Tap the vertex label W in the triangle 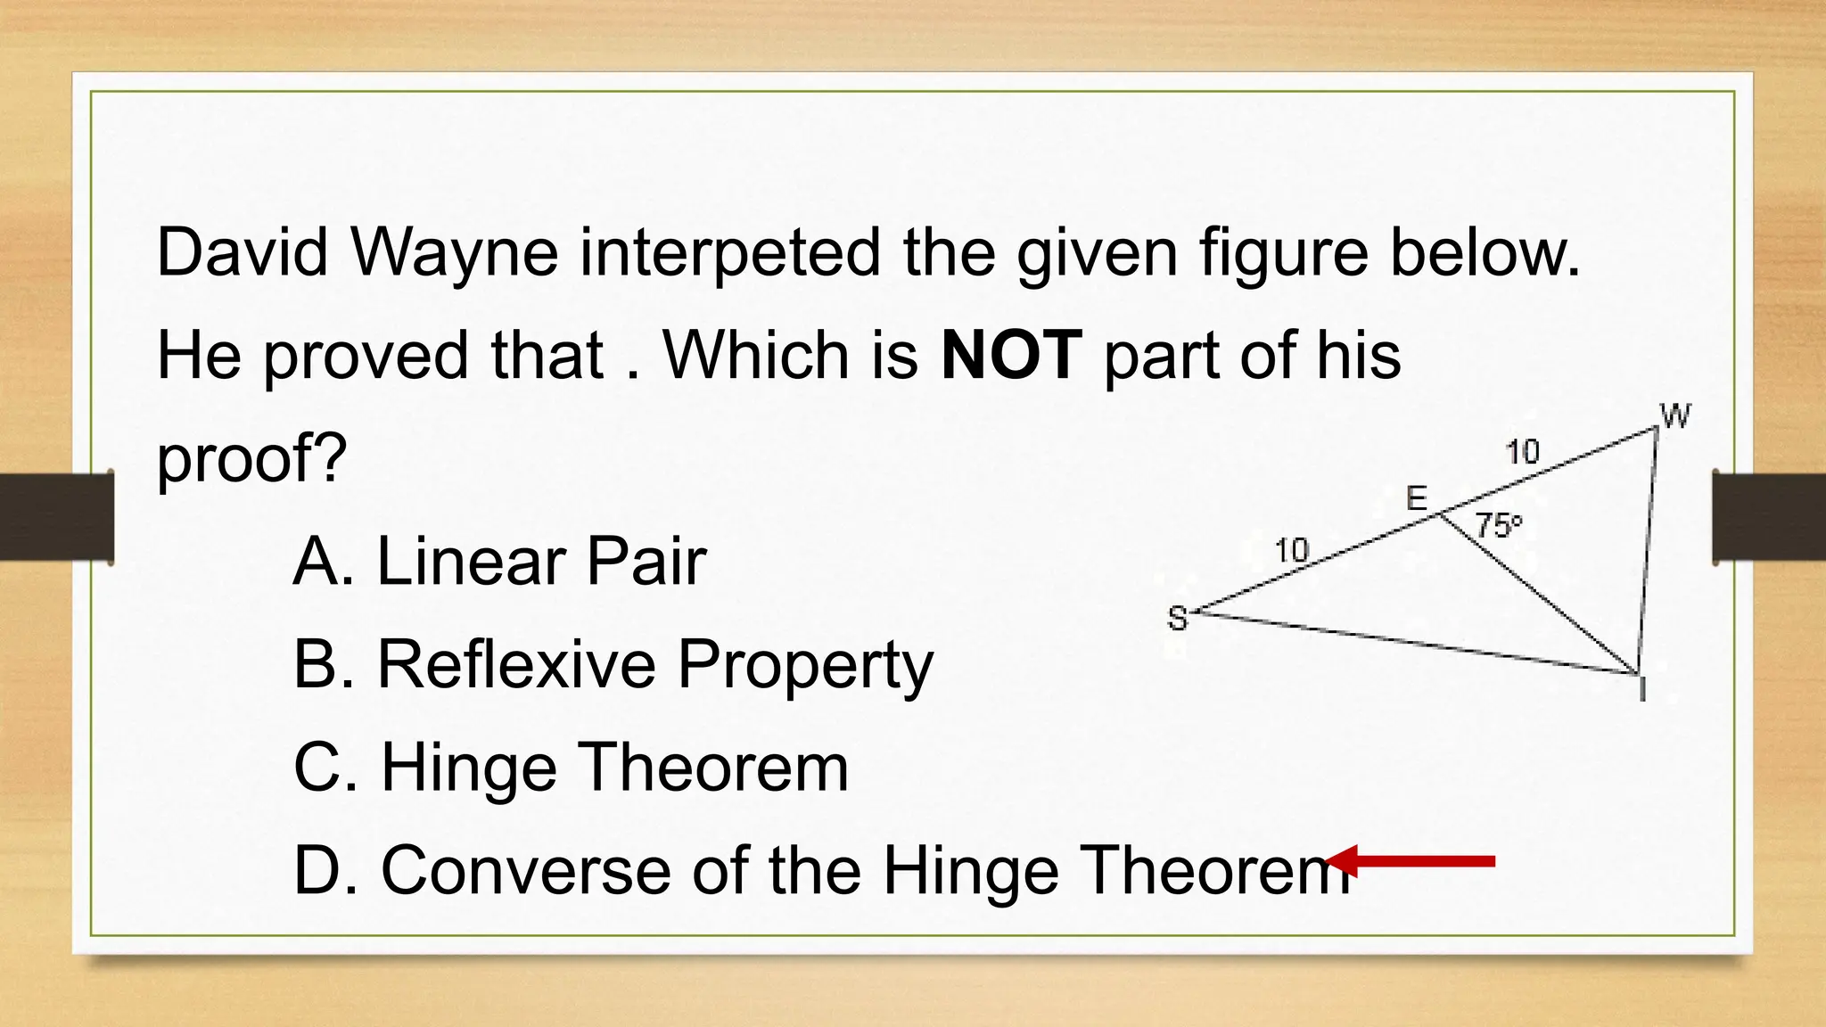tap(1675, 415)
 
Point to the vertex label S tap(1178, 618)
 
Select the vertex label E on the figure tap(1417, 497)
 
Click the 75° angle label tap(1498, 525)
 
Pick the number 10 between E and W tap(1523, 452)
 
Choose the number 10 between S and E tap(1292, 550)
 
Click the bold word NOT tap(1011, 355)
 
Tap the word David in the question tap(243, 252)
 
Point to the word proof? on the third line tap(251, 459)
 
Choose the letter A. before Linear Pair tap(324, 562)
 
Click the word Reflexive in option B tap(516, 664)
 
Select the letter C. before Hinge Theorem tap(325, 768)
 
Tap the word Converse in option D tap(525, 871)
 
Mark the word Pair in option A tap(646, 562)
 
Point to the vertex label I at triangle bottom tap(1642, 689)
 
